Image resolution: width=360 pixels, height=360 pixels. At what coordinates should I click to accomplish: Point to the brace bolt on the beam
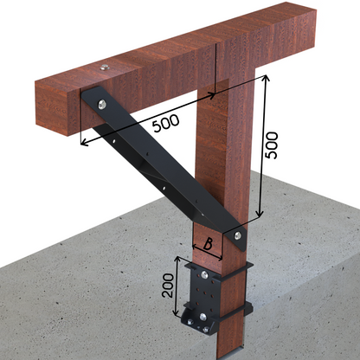[x=102, y=105]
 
